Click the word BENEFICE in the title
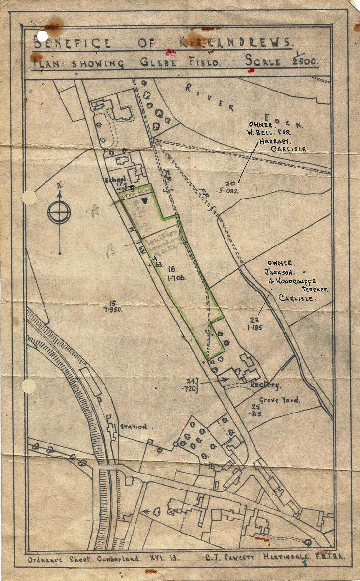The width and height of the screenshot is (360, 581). pos(72,43)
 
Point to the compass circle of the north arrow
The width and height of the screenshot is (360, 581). pos(59,212)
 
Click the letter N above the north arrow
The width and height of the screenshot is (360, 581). pos(59,184)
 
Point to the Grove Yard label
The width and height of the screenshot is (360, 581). pos(279,400)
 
